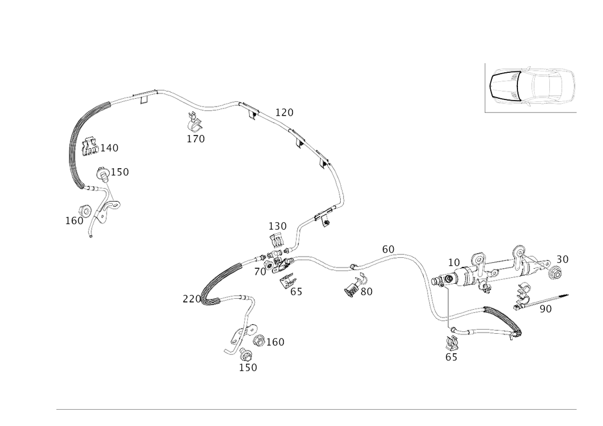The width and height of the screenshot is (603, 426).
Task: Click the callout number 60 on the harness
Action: click(x=388, y=247)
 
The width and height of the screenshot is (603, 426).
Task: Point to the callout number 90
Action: click(x=546, y=309)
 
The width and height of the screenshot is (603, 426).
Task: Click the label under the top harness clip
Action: click(x=195, y=139)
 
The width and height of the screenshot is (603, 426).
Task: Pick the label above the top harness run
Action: click(x=284, y=112)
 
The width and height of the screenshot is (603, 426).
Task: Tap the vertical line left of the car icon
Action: click(x=485, y=87)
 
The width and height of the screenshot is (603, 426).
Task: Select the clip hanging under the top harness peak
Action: click(x=195, y=124)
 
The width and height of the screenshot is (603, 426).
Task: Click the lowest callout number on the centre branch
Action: click(x=248, y=367)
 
